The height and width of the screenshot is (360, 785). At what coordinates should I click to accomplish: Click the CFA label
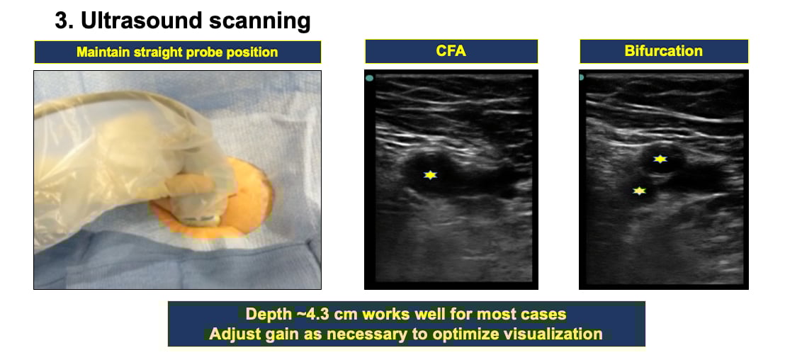pos(451,51)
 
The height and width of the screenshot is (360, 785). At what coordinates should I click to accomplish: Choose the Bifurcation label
pos(663,51)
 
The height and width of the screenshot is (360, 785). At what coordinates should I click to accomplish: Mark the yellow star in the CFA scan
pos(430,175)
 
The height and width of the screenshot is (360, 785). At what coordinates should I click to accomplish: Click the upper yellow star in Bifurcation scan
pos(660,159)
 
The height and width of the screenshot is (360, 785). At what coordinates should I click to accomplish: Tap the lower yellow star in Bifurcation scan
pos(639,191)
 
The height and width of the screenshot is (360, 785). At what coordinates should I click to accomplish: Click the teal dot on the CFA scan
pos(369,78)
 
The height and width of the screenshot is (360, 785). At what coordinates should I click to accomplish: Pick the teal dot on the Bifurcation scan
pos(582,78)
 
